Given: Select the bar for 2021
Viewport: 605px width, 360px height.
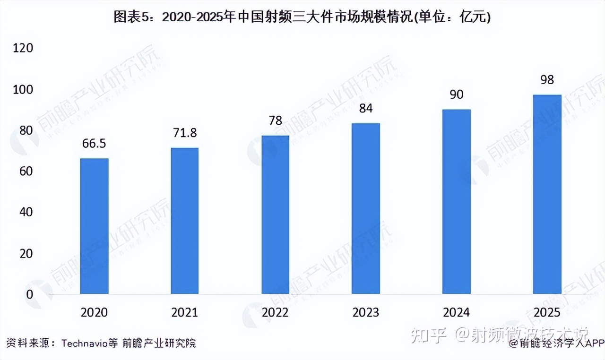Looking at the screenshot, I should point(185,221).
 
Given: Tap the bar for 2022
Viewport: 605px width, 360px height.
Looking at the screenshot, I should point(275,214).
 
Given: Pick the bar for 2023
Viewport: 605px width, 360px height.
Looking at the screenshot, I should point(366,208).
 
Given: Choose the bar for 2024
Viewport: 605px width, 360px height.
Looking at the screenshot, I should point(457,202).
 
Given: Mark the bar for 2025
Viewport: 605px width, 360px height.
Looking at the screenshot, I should point(547,194).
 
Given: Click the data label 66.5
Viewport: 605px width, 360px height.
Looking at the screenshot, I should point(94,144).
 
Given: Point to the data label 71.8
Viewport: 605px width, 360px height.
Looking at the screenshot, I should point(185,133).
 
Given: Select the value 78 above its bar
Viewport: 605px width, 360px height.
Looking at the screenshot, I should point(275,121).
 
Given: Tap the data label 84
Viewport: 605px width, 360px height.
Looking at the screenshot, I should point(366,109).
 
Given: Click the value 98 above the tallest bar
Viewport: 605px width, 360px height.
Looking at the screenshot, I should point(547,79).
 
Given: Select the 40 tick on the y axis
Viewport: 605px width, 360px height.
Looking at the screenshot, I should point(26,212).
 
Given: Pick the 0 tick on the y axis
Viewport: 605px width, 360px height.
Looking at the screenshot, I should point(29,294).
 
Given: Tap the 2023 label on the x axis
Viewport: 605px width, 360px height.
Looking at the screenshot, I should point(366,313).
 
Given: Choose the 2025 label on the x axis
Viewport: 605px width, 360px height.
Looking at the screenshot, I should point(547,313).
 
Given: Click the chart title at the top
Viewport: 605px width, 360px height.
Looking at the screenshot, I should point(302,18).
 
